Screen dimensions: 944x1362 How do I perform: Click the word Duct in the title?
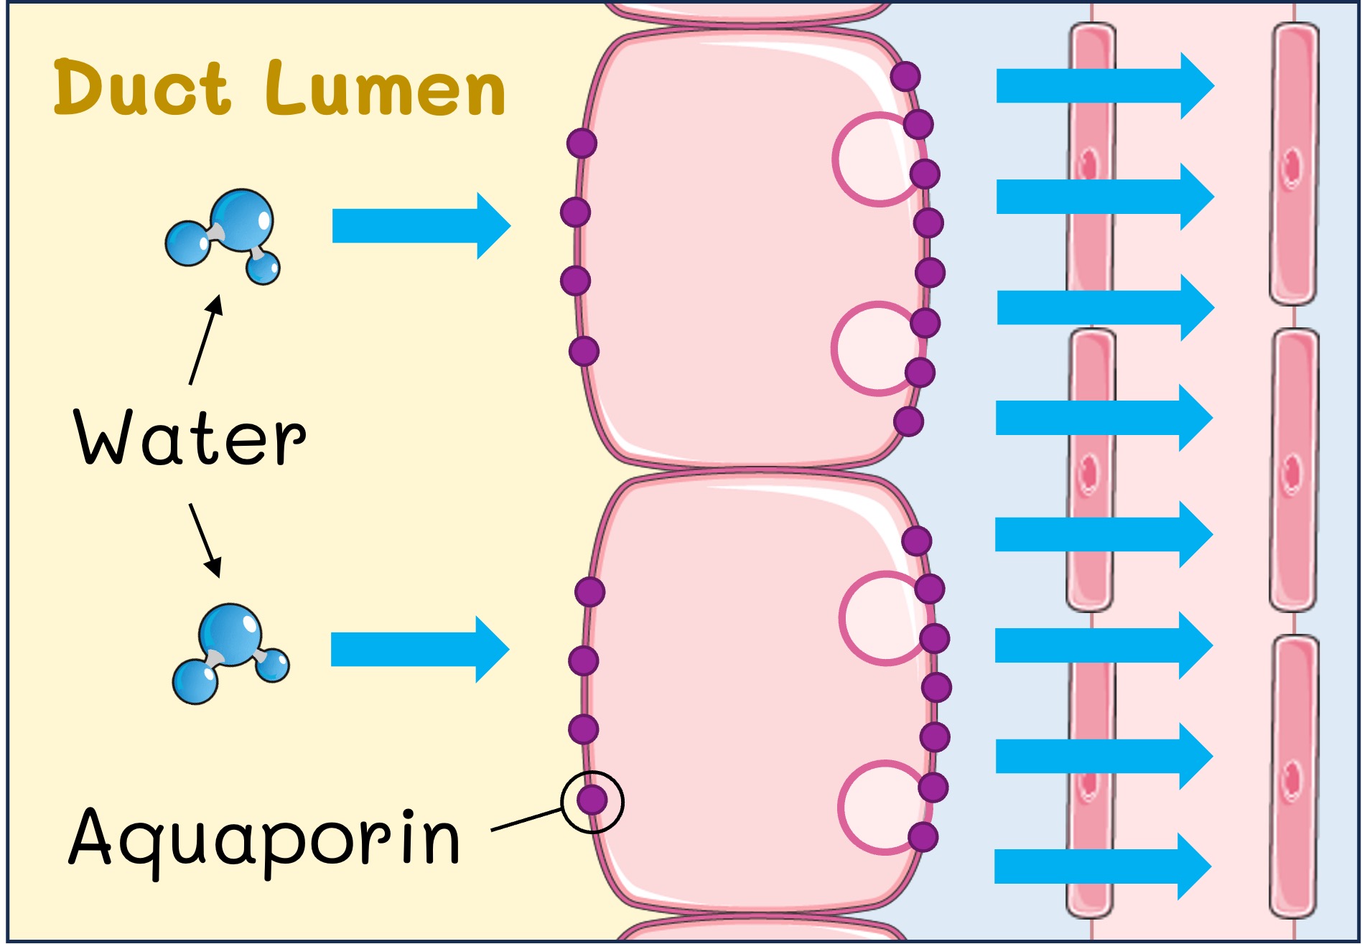(141, 89)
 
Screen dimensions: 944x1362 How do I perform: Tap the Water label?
(190, 437)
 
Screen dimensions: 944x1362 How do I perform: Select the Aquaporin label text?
(263, 838)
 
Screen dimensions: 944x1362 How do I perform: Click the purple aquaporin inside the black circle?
(592, 800)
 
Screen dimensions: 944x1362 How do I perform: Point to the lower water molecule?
(228, 653)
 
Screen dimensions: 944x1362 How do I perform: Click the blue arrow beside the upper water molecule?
(420, 225)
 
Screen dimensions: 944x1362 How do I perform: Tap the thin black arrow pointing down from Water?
(205, 540)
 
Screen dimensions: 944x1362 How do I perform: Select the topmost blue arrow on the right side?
(1104, 86)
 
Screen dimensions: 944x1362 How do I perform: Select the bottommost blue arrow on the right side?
(1102, 866)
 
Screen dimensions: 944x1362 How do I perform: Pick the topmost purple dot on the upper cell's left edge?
(582, 143)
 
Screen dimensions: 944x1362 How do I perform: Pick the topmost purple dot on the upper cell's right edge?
(905, 75)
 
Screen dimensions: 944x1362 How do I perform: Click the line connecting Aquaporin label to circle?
(526, 820)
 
